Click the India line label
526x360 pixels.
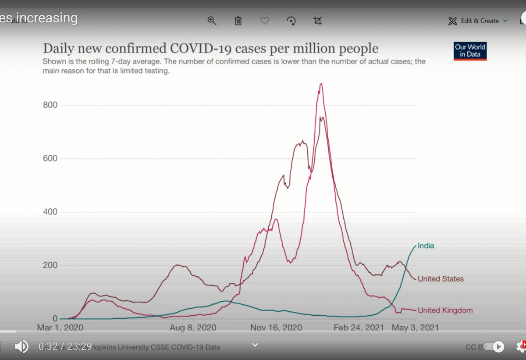pyautogui.click(x=426, y=246)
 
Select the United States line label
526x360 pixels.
pyautogui.click(x=441, y=279)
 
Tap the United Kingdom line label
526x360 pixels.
pyautogui.click(x=445, y=310)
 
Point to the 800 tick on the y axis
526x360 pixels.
pyautogui.click(x=50, y=105)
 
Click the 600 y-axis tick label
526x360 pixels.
pyautogui.click(x=50, y=158)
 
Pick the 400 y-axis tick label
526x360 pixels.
pyautogui.click(x=50, y=212)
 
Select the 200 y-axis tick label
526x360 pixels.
pyautogui.click(x=50, y=265)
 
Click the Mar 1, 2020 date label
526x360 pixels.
pyautogui.click(x=60, y=328)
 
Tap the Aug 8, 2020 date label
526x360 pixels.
pyautogui.click(x=193, y=328)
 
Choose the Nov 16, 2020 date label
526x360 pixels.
pyautogui.click(x=276, y=328)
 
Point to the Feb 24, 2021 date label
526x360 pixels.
pyautogui.click(x=359, y=328)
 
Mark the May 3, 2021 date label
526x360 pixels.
pyautogui.click(x=415, y=328)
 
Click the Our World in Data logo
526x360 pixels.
pyautogui.click(x=470, y=51)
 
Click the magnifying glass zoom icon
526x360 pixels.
pyautogui.click(x=212, y=21)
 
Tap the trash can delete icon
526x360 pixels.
pyautogui.click(x=238, y=21)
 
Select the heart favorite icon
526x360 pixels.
pyautogui.click(x=265, y=21)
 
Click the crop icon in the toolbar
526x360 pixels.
pyautogui.click(x=318, y=21)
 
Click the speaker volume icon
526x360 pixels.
pyautogui.click(x=21, y=346)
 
